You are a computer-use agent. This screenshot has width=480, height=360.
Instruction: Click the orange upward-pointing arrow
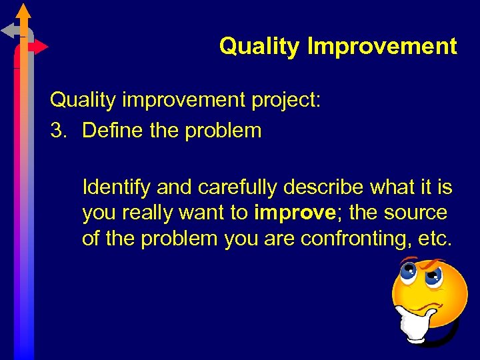[24, 12]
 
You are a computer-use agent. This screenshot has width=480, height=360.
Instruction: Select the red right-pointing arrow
[39, 47]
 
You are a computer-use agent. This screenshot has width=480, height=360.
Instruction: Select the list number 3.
[59, 130]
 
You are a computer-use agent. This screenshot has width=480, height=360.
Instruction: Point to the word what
[391, 188]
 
